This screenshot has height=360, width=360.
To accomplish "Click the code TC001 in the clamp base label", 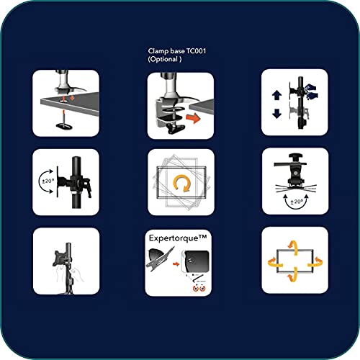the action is pos(196,51).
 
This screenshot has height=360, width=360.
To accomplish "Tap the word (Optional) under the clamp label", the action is pos(165,59).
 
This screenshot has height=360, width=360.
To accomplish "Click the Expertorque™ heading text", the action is pos(178,238).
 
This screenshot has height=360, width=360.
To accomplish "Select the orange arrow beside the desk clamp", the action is pos(193,118).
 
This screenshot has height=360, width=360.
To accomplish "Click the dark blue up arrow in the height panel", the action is pos(276,95).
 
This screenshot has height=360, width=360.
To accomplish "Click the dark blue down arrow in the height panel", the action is pos(276,114).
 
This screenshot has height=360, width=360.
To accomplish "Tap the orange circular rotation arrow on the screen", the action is pos(181,184).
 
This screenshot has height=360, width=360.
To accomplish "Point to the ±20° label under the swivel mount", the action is pos(297,202).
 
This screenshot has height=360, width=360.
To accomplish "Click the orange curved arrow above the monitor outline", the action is pos(294,247).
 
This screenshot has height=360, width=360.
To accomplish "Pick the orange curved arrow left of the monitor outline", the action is pos(275,262).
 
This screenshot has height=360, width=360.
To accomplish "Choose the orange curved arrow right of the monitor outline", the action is pos(315,262).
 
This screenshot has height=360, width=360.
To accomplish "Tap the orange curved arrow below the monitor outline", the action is pos(293,275).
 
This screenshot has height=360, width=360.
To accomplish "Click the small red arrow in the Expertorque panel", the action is pos(176,264).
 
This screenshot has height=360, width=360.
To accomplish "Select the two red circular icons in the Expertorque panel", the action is pos(199,288).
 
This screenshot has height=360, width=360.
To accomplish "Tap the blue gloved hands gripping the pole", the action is pos(311,91).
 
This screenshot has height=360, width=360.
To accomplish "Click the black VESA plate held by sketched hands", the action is pos(59,258).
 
